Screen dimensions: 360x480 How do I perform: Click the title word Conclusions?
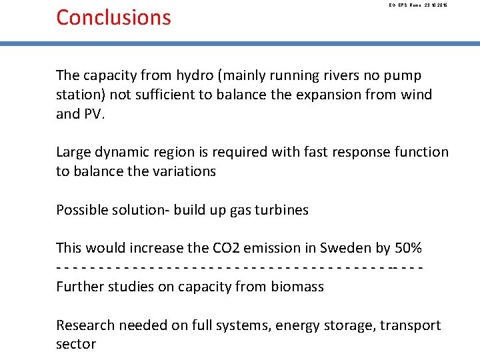point(113,17)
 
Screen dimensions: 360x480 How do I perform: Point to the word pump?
point(403,75)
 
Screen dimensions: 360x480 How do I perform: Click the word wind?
point(416,95)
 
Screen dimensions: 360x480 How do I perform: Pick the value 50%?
point(408,249)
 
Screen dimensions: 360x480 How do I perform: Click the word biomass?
point(297,287)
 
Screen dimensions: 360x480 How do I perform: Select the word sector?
point(76,345)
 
